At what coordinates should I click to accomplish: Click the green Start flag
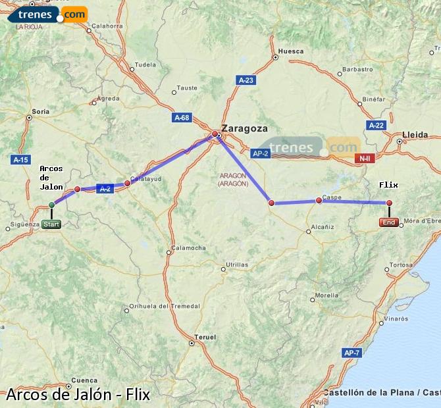pos(51,224)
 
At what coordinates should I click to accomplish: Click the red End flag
pos(389,222)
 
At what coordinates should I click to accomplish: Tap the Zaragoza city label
pos(245,128)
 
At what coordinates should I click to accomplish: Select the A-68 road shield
pos(182,118)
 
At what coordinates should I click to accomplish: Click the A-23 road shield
pos(246,80)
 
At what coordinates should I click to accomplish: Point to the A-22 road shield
pos(376,125)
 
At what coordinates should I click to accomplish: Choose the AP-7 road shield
pos(351,353)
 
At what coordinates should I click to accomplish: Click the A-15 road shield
pos(21,159)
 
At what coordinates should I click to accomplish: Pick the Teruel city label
pos(206,337)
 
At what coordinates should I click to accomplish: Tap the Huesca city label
pos(291,51)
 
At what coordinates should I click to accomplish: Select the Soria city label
pos(41,112)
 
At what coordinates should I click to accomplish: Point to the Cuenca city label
pos(84,380)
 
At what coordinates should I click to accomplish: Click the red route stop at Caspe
pos(319,200)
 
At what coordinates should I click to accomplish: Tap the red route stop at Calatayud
pos(128,182)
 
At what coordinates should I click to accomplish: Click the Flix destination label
pos(389,185)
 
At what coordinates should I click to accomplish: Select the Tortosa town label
pos(400,265)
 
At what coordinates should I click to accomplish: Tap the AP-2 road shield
pos(260,153)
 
